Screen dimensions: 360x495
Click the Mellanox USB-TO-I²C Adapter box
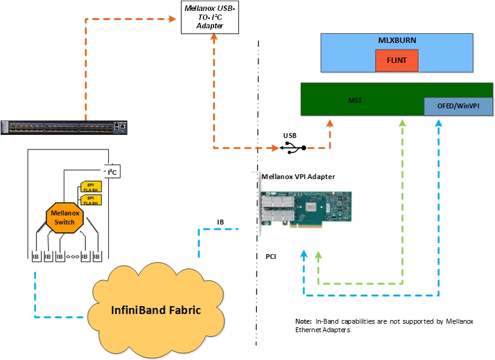click(x=211, y=18)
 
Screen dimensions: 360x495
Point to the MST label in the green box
click(x=355, y=100)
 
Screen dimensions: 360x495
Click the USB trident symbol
click(x=293, y=147)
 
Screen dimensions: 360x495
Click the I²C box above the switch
click(x=111, y=172)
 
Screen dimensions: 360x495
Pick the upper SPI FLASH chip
click(x=90, y=186)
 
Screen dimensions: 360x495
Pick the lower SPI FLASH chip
click(x=90, y=200)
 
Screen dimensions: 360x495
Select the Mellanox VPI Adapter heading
click(x=298, y=177)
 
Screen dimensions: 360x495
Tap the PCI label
click(x=271, y=257)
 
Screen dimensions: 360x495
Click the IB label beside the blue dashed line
click(x=220, y=222)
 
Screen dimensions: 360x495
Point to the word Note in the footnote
click(x=303, y=321)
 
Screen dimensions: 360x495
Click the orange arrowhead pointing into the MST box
click(x=330, y=123)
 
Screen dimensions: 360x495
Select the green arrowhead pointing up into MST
click(x=401, y=123)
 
